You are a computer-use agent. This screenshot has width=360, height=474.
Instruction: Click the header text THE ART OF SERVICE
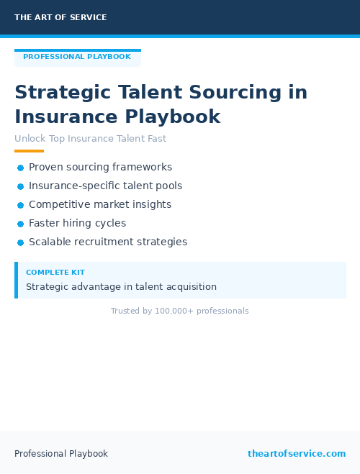(x=60, y=17)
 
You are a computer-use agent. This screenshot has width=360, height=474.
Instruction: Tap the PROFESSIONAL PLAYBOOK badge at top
(x=77, y=57)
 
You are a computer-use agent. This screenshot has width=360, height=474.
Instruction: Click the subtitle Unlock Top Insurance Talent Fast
(x=90, y=138)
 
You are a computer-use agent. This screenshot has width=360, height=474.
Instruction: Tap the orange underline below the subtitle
(x=29, y=151)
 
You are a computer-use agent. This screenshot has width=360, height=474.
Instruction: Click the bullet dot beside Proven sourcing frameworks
(x=20, y=168)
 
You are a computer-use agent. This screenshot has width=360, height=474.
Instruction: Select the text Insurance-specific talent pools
(x=105, y=186)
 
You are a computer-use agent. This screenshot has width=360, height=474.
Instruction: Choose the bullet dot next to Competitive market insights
(x=20, y=205)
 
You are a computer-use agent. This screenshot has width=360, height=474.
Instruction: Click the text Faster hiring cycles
(x=77, y=223)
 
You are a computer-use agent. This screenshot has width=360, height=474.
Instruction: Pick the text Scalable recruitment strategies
(x=107, y=242)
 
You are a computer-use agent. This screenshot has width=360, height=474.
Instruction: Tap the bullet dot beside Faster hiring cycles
(x=20, y=224)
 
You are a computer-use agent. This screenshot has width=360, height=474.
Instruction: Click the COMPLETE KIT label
(x=55, y=273)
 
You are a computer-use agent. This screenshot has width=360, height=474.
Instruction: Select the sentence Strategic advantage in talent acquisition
(x=121, y=286)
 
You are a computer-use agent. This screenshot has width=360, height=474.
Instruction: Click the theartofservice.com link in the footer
(x=296, y=453)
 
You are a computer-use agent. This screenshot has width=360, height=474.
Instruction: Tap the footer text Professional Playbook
(x=61, y=454)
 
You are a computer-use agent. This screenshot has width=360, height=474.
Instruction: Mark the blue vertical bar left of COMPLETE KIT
(x=16, y=280)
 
